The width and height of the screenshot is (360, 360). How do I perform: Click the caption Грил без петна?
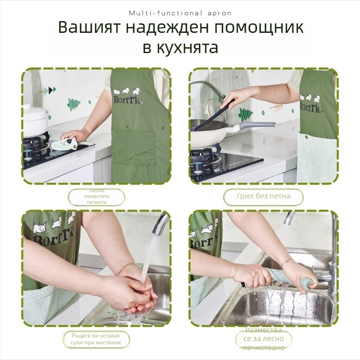tap(263, 196)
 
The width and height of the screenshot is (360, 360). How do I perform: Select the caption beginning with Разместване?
tap(263, 339)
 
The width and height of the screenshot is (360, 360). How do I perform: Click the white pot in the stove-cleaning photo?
tap(34, 119)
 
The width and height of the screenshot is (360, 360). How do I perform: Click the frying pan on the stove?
tap(211, 130)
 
